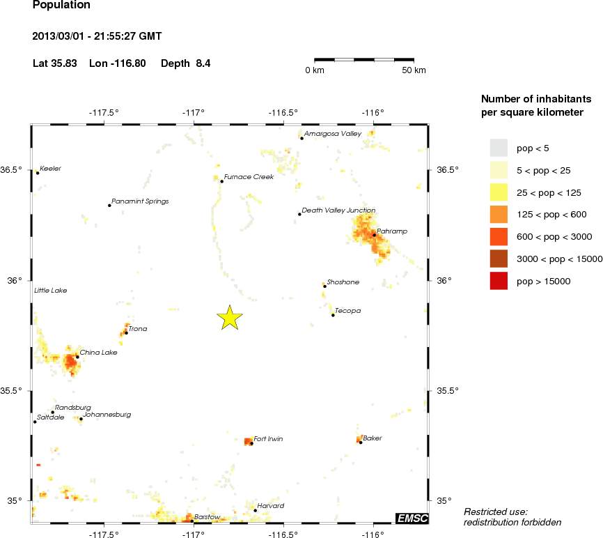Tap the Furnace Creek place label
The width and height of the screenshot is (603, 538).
click(249, 177)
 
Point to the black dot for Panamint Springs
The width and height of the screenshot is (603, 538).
click(109, 205)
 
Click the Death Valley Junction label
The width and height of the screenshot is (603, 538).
click(338, 210)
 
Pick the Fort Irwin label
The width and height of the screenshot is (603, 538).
click(268, 439)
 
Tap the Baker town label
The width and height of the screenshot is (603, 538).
click(373, 438)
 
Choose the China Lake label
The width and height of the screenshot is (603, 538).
click(98, 353)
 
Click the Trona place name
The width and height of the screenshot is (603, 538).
click(138, 329)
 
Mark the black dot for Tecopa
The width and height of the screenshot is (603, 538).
click(333, 315)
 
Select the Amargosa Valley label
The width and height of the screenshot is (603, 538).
click(332, 134)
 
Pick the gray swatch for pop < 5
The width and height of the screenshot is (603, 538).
click(499, 148)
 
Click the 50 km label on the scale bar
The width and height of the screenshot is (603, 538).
click(414, 70)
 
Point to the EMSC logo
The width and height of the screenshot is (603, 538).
click(412, 518)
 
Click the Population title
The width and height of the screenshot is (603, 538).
click(61, 5)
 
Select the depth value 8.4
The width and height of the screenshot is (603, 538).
click(203, 63)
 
